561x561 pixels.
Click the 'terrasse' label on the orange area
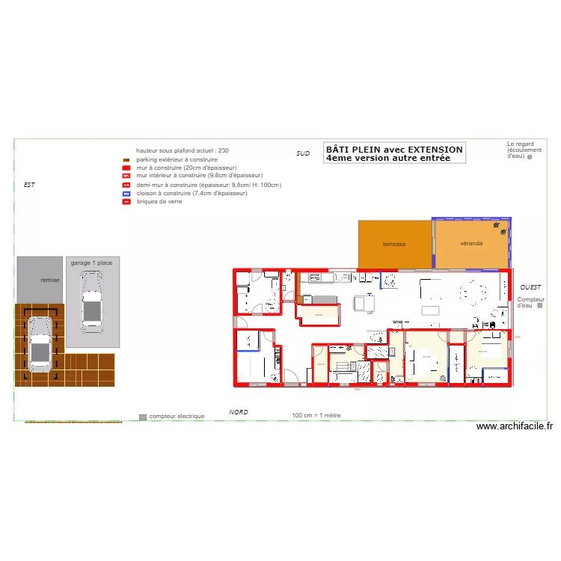pos(394,245)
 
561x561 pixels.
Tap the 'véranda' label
pos(471,244)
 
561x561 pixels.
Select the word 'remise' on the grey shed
pos(50,280)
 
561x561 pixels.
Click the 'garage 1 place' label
pos(91,263)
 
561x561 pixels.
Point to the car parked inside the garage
pos(91,301)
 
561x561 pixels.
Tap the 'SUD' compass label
pos(303,153)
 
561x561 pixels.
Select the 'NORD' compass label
pos(239,412)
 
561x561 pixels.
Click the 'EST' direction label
pos(29,184)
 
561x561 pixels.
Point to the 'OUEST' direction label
pos(531,287)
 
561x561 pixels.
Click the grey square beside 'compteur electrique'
pos(143,416)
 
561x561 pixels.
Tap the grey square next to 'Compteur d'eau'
pos(540,305)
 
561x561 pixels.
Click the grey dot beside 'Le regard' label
pos(529,158)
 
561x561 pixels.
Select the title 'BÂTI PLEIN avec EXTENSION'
pos(394,150)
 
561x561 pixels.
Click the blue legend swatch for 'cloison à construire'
pos(127,193)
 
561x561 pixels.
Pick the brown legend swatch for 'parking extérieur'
pos(127,160)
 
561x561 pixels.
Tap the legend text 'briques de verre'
pos(159,201)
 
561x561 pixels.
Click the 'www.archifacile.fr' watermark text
pos(515,427)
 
